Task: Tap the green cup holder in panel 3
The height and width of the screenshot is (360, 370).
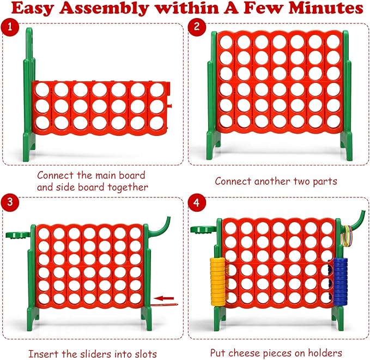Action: tap(16, 235)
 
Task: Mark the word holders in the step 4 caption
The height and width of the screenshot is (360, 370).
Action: tap(324, 352)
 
